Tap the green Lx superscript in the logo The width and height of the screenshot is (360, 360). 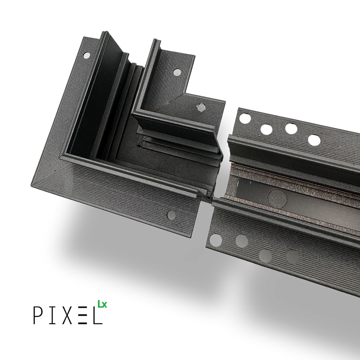(102, 304)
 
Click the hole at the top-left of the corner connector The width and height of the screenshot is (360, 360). (87, 55)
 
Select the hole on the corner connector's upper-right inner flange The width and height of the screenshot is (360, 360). (177, 72)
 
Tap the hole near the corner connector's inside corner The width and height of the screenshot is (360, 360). (201, 107)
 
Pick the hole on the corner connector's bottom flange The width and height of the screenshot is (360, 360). (172, 215)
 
